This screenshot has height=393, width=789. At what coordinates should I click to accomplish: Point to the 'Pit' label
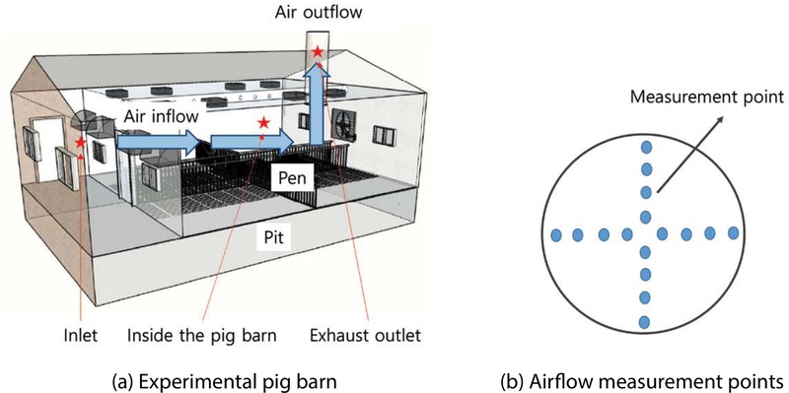coord(271,237)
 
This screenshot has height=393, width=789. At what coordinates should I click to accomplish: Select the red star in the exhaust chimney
coord(317,51)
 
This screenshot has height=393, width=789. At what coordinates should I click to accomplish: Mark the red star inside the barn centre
coord(262,123)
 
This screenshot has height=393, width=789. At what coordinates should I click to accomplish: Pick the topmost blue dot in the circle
coord(646,148)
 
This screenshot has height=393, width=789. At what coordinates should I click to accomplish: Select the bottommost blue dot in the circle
coord(646,321)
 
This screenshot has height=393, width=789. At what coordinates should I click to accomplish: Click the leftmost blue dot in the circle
coord(556,234)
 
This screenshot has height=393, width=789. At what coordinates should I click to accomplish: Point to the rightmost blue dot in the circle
coord(734,234)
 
